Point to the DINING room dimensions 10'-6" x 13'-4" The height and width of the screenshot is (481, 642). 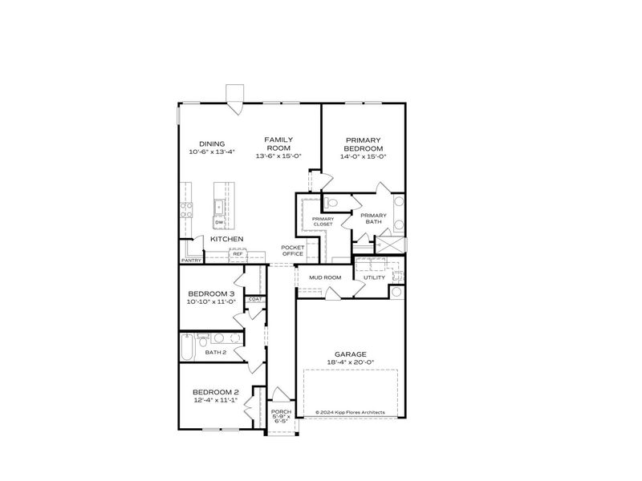pos(212,152)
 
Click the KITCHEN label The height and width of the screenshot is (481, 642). pos(227,239)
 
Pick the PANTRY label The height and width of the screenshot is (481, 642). pos(191,261)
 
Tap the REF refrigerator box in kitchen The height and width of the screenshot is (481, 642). pos(238,254)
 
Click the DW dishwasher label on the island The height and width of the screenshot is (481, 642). pos(218,222)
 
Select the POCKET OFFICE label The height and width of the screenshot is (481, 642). pos(292,250)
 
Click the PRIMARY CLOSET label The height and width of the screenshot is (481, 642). pos(323,221)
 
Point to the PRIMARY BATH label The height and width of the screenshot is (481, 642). pos(373,218)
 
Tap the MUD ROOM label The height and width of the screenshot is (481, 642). pos(326,277)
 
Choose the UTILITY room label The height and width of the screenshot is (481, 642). pos(374,277)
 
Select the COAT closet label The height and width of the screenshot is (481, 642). pos(254,299)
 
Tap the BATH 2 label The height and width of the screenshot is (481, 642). pos(216,352)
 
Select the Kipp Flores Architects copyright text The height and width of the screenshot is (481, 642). pos(350,412)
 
